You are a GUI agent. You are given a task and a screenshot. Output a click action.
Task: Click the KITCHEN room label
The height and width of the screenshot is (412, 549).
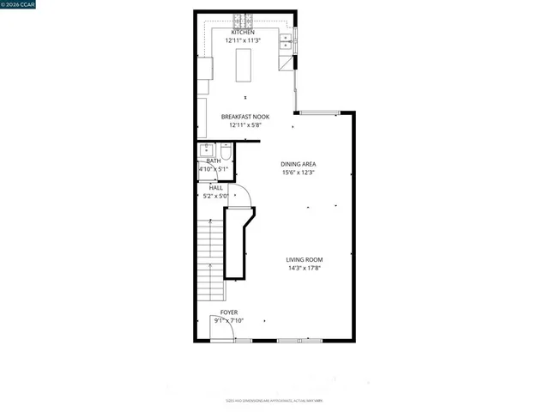tap(243, 33)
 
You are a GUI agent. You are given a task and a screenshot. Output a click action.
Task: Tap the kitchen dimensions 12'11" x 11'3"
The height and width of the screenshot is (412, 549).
tap(243, 40)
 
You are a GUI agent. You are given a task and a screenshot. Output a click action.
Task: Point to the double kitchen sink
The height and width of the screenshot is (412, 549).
tap(285, 39)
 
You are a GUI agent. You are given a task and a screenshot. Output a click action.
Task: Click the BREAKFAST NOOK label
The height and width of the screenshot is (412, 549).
tap(245, 117)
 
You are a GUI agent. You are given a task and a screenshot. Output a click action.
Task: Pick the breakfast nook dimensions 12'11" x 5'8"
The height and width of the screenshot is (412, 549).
tap(245, 125)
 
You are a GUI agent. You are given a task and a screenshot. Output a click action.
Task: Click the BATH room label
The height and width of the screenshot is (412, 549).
tap(213, 161)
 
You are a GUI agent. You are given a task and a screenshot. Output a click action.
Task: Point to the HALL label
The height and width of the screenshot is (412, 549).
tap(216, 187)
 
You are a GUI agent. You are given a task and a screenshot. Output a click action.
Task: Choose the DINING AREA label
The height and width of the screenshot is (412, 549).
tap(299, 164)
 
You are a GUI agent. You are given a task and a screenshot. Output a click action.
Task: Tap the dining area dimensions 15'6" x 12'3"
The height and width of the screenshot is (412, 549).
tap(299, 173)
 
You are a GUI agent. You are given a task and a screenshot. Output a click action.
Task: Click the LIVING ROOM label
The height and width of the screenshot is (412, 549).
tap(305, 259)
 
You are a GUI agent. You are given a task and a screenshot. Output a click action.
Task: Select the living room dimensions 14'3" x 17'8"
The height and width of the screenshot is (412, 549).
tap(305, 268)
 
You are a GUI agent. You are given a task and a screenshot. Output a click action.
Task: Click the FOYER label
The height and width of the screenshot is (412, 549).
tap(229, 312)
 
